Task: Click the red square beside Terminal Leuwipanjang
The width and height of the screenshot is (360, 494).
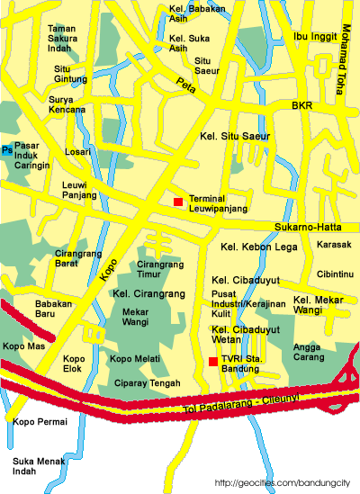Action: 178,200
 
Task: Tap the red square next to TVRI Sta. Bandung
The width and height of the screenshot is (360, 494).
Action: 212,362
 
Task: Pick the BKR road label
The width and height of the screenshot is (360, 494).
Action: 301,106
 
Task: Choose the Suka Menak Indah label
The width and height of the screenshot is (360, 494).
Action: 33,466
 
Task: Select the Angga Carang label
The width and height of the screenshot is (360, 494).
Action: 309,350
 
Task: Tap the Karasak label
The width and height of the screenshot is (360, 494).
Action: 334,245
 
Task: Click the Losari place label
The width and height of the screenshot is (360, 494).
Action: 77,152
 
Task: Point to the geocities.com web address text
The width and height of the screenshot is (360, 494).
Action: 283,483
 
